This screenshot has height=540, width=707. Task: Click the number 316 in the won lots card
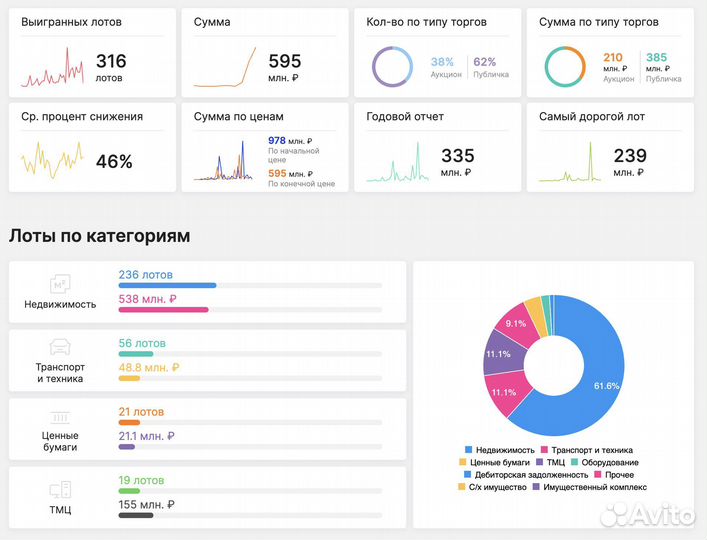[111, 61]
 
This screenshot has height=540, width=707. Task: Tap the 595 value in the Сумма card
[284, 61]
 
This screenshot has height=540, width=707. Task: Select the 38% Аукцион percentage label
[442, 61]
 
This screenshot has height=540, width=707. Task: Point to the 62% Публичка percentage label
[484, 61]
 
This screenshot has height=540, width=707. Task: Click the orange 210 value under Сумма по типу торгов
[613, 58]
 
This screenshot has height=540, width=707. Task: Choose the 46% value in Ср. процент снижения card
[114, 160]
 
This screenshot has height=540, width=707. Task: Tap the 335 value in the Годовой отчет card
[457, 156]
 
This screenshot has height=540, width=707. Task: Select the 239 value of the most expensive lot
[629, 156]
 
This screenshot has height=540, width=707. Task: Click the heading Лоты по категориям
[100, 236]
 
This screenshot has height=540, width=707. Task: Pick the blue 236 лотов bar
[167, 285]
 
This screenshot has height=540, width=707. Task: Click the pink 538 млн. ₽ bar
[163, 309]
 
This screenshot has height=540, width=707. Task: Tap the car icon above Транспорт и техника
[60, 347]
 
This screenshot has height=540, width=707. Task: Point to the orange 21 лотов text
[141, 411]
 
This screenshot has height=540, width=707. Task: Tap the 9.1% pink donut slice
[516, 324]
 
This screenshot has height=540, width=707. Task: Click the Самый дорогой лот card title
[592, 117]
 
